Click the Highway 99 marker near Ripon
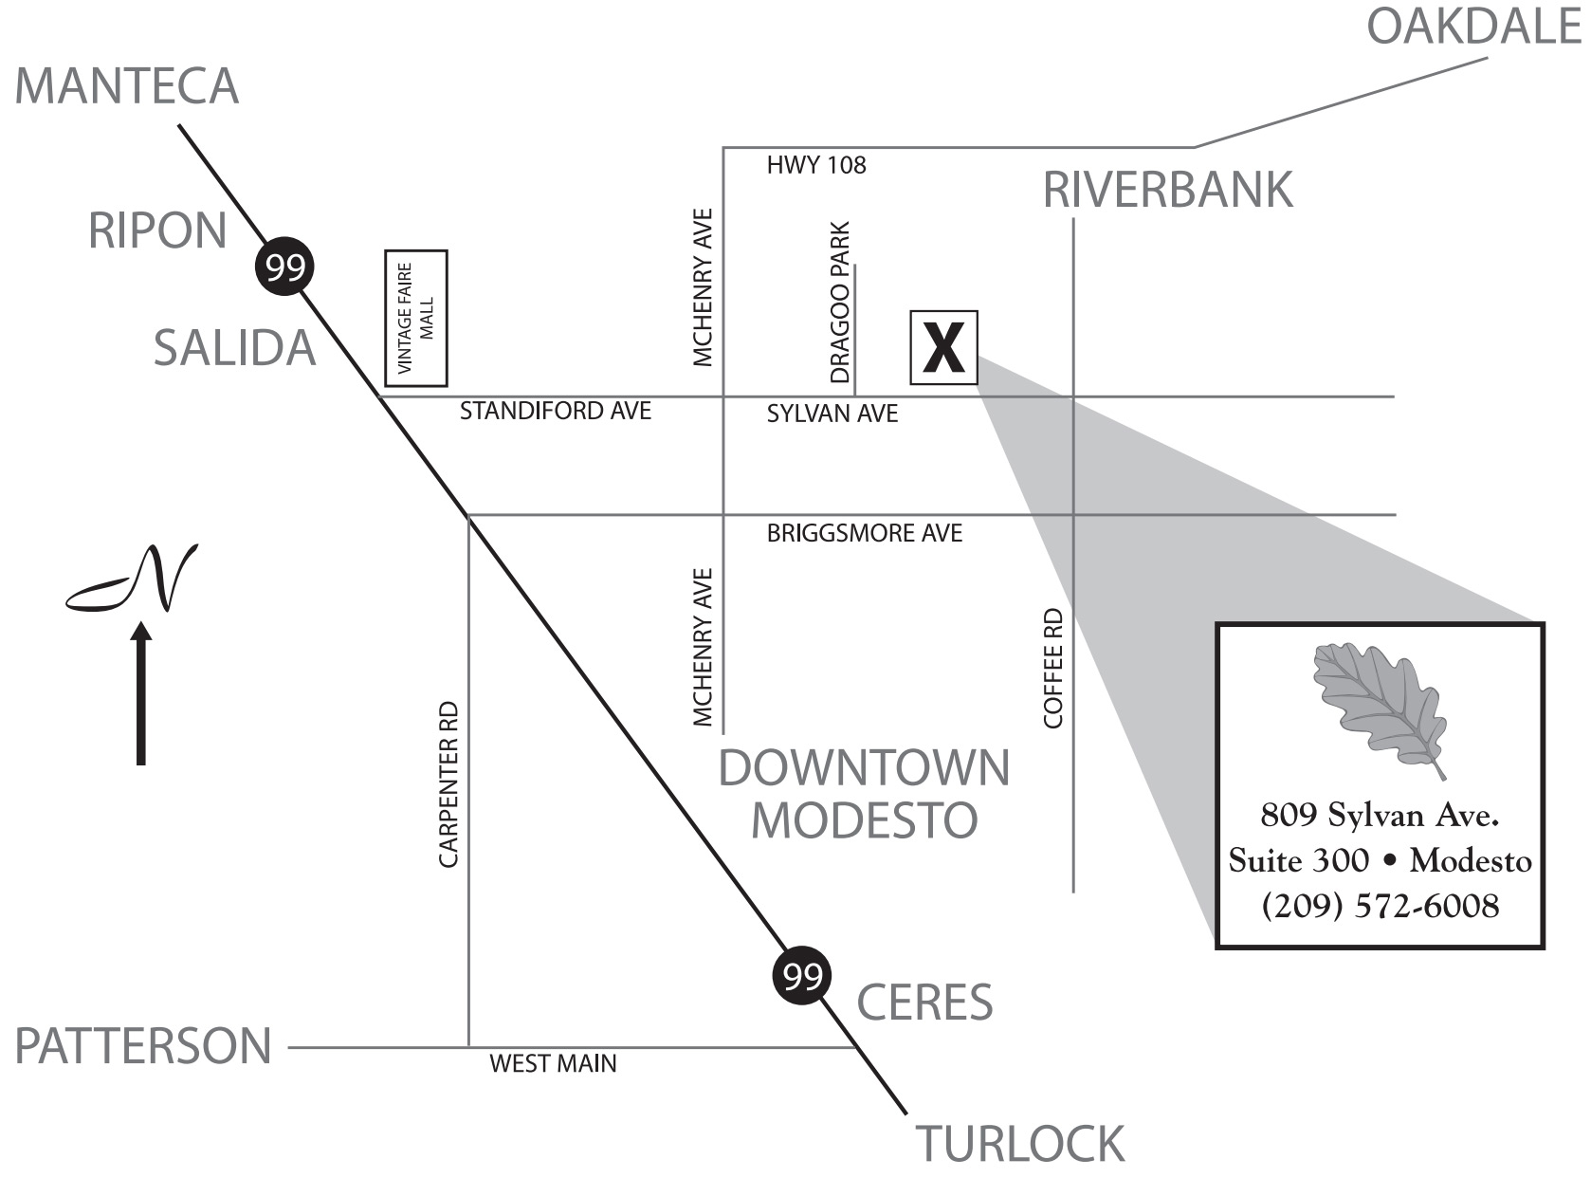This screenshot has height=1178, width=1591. click(284, 268)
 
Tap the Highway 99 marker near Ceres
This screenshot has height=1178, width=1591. click(802, 975)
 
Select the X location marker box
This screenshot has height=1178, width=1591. click(943, 347)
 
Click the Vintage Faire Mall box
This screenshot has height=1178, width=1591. click(415, 319)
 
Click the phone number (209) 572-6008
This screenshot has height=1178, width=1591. click(1380, 906)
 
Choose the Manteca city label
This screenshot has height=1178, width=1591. click(126, 86)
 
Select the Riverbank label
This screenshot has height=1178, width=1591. click(1167, 190)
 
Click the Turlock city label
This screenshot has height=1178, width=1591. click(1019, 1144)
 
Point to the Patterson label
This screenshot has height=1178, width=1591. click(143, 1046)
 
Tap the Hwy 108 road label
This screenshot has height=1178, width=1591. click(815, 166)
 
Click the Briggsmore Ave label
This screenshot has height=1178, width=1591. click(864, 534)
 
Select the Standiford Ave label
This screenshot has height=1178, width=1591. click(556, 411)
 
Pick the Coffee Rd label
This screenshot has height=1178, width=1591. click(1052, 669)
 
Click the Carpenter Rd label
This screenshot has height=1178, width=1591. click(448, 783)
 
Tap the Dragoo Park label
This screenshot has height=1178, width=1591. click(840, 303)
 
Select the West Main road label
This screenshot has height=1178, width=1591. click(553, 1063)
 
